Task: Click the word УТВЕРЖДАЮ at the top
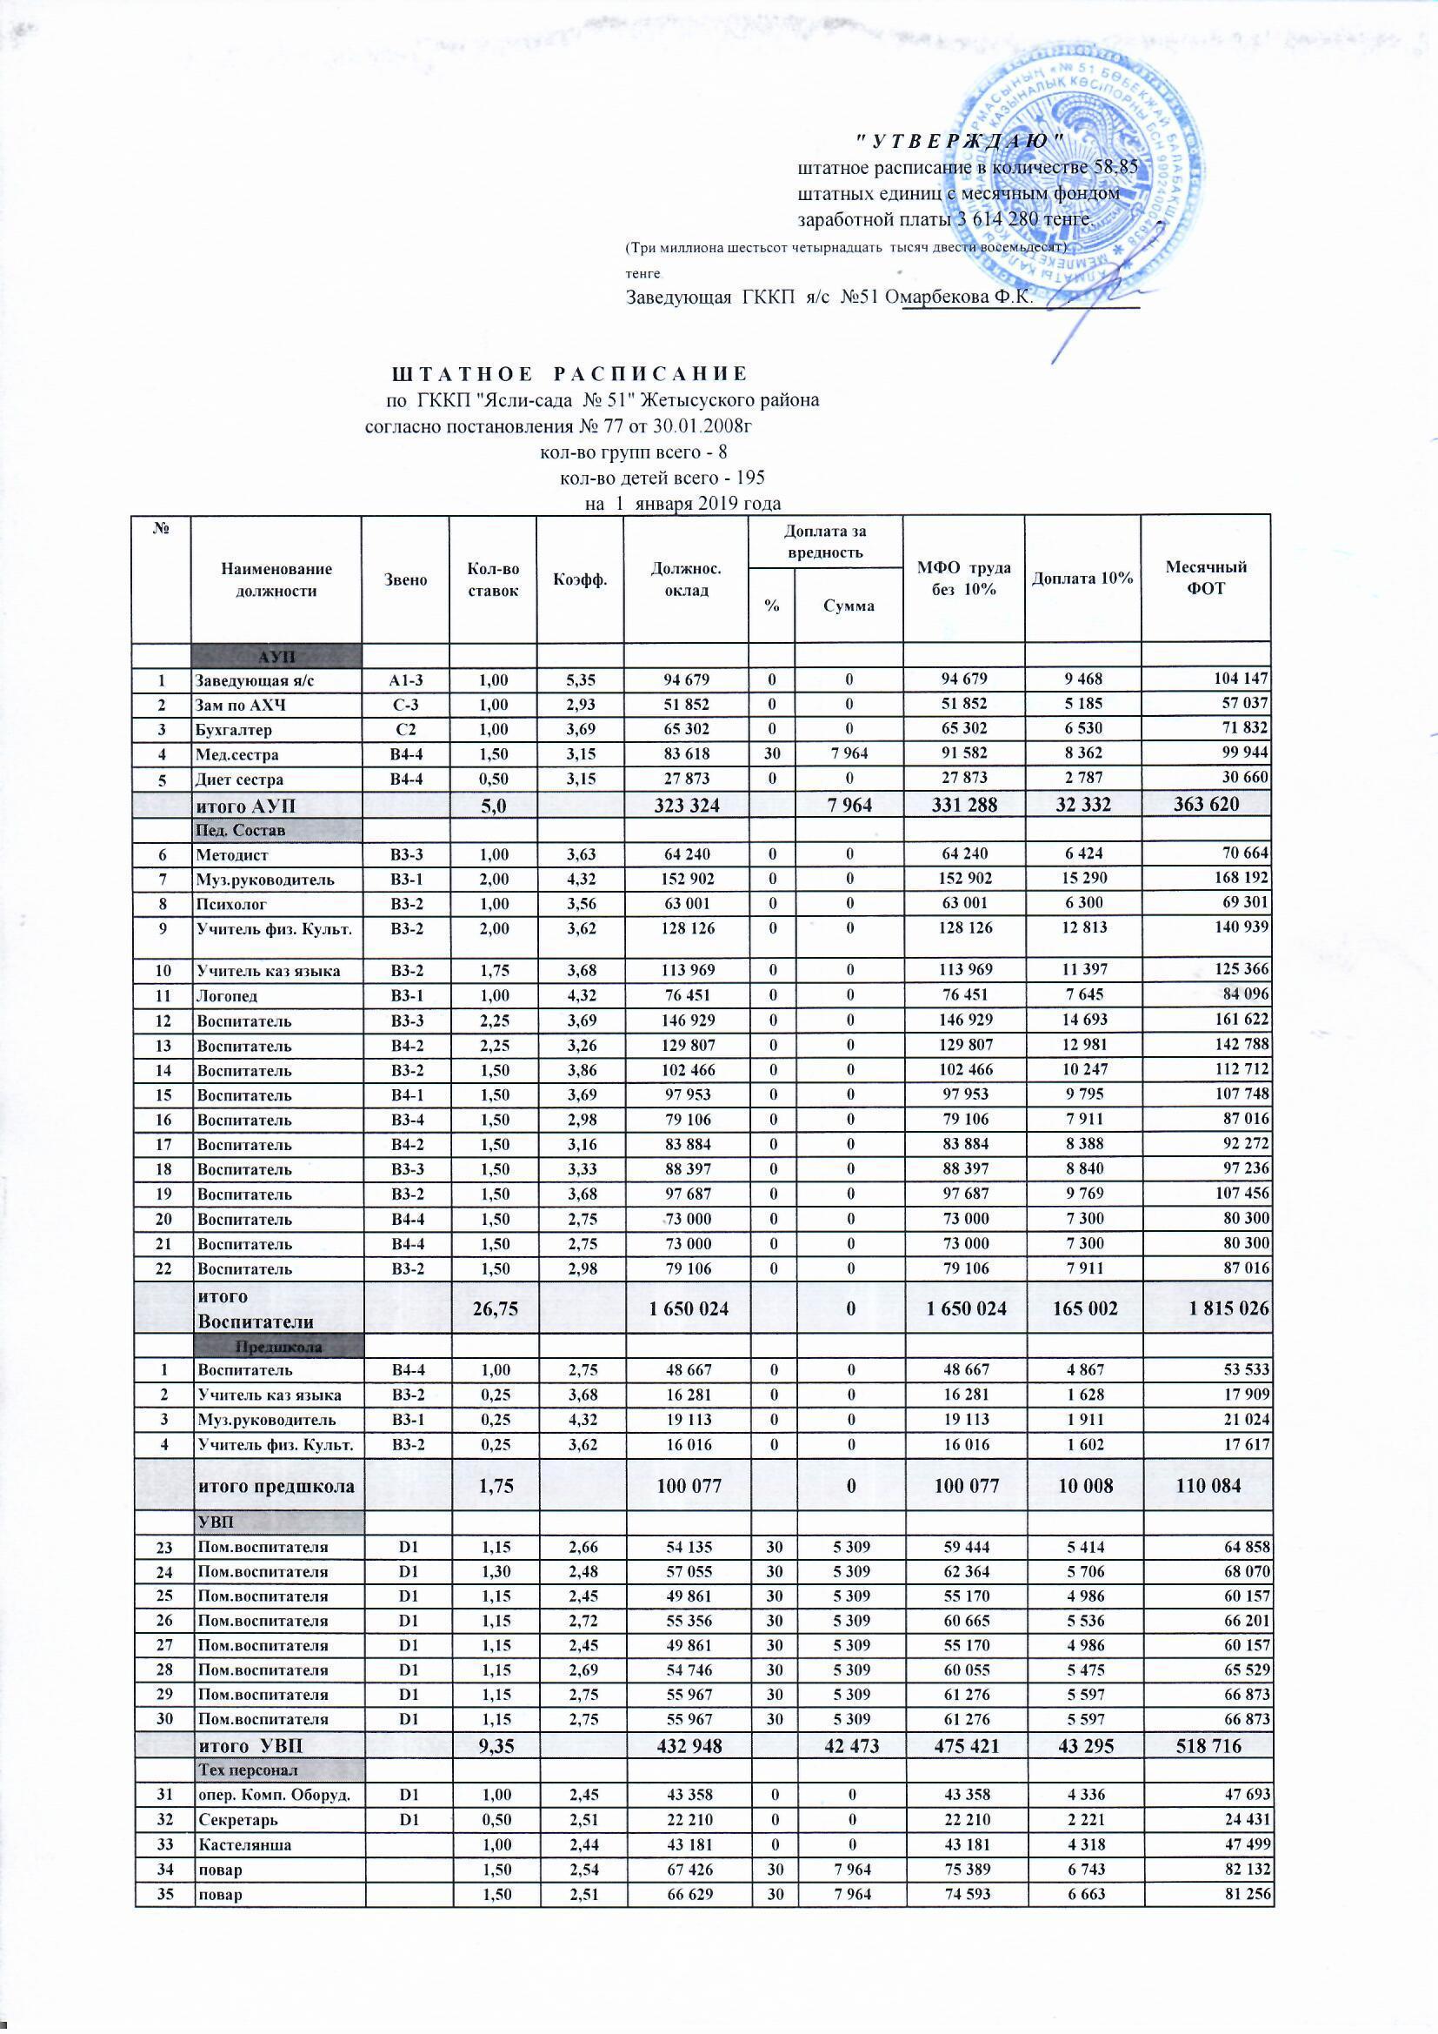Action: pos(959,140)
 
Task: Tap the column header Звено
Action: pos(405,580)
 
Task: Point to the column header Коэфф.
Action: pos(579,580)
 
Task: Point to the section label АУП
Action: pos(277,657)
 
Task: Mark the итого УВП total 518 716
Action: pos(1206,1745)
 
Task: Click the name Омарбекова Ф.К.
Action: pos(964,297)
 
